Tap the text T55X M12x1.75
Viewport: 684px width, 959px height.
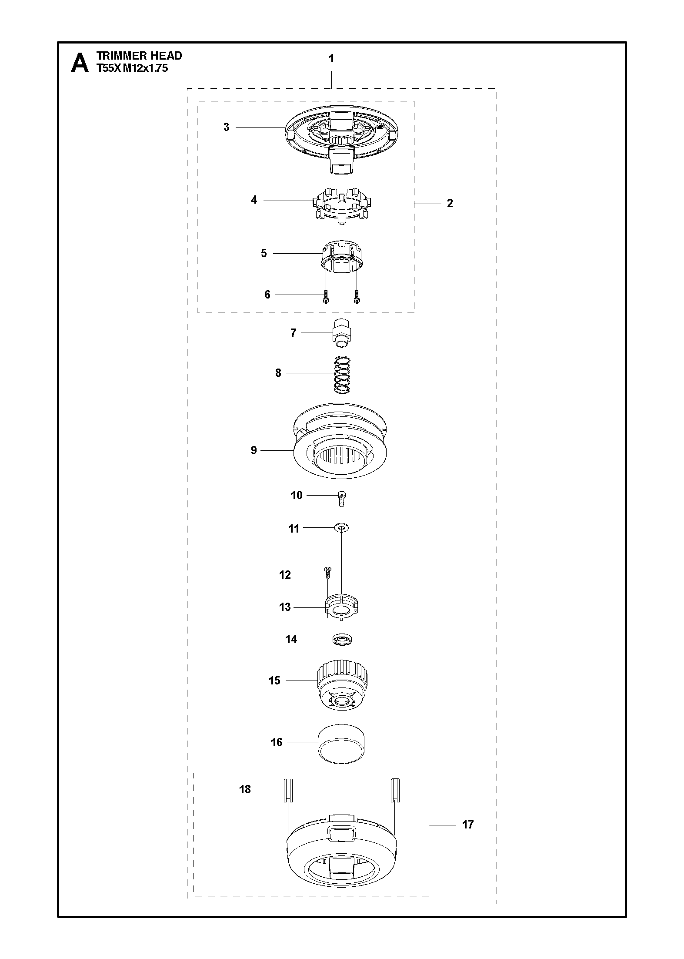pos(132,68)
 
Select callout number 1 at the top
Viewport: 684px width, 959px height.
pos(331,58)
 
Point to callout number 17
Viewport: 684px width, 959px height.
pos(467,825)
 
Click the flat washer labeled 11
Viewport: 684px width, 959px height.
pos(342,528)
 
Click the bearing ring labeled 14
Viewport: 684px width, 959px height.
pos(342,639)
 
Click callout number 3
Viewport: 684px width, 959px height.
pos(226,127)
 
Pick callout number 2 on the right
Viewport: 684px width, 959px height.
pos(450,203)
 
